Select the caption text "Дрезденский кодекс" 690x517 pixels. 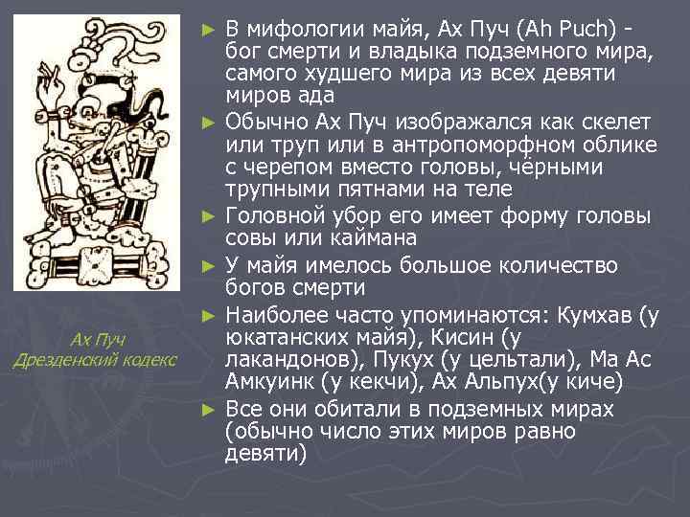click(x=94, y=360)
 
